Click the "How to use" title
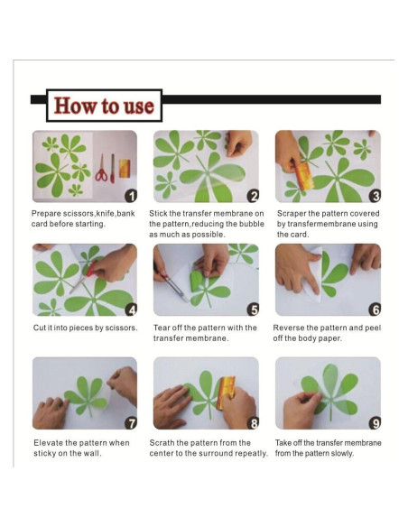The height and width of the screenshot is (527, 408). point(104,106)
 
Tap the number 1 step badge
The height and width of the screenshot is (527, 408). point(131,196)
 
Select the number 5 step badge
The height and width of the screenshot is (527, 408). point(253,310)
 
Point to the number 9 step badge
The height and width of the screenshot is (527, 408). point(375,423)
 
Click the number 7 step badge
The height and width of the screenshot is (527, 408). point(131,423)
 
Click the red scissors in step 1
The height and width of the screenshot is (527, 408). point(101,169)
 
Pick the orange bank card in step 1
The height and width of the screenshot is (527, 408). point(125,169)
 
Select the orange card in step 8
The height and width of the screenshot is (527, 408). point(226,393)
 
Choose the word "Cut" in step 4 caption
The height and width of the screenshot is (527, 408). point(40,328)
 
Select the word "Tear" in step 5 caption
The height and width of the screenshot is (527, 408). point(162,328)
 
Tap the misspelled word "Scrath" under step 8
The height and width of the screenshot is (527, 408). point(162,443)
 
